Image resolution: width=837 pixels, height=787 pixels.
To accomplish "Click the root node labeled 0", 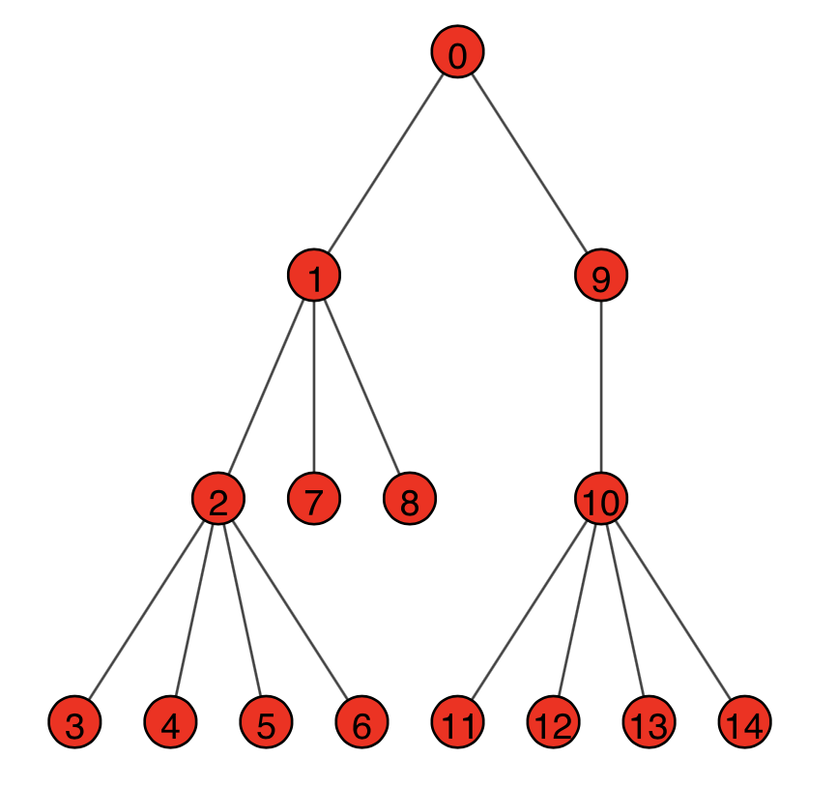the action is click(x=457, y=54).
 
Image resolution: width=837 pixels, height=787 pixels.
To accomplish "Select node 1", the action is click(x=314, y=277).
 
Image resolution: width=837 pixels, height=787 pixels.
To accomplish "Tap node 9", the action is click(x=601, y=277).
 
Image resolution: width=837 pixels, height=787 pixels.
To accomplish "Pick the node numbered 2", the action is click(x=218, y=500).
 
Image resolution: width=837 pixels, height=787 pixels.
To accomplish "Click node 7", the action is click(x=314, y=500).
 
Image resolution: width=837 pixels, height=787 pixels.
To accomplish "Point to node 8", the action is click(x=410, y=500).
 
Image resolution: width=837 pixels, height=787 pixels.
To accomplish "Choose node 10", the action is click(x=601, y=500).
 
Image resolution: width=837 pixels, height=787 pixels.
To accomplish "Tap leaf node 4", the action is click(x=170, y=722).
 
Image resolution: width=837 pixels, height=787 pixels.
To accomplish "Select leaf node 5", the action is click(x=266, y=722).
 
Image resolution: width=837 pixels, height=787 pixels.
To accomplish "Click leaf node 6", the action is click(x=362, y=722).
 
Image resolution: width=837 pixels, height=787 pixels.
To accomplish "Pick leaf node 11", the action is click(x=457, y=722).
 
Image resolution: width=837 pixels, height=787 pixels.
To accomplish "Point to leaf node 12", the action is click(x=554, y=722).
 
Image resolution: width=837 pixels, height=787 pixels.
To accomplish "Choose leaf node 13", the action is click(x=649, y=722).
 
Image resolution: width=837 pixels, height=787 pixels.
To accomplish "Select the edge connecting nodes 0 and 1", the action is click(x=386, y=166).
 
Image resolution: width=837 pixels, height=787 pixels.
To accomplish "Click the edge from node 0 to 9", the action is click(x=530, y=166).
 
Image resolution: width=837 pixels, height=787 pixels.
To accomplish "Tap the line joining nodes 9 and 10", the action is click(x=601, y=389).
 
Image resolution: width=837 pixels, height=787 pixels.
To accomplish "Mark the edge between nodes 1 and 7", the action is click(x=314, y=389).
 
